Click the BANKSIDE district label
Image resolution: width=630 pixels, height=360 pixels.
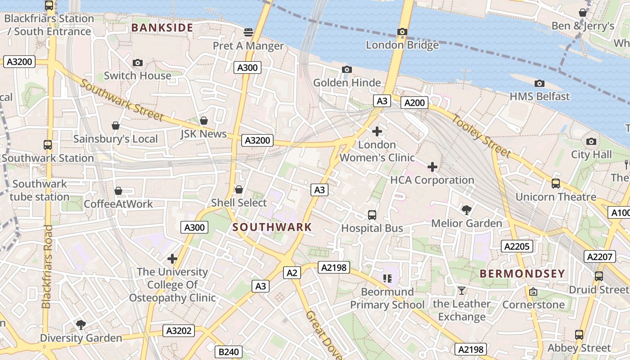(162, 28)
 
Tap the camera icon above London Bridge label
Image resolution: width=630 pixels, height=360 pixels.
(402, 32)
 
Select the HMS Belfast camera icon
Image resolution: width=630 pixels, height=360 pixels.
(539, 84)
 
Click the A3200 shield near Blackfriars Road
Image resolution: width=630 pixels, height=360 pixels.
(19, 62)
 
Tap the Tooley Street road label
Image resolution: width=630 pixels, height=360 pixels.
(481, 136)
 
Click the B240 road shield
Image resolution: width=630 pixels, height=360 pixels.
(229, 352)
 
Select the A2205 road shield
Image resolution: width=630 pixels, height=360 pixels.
(517, 246)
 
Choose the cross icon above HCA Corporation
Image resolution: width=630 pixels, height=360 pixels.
(432, 167)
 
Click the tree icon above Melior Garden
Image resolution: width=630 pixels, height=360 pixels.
(466, 210)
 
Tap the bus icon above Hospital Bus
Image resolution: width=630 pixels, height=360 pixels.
(372, 215)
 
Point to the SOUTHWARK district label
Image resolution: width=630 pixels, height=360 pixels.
(272, 227)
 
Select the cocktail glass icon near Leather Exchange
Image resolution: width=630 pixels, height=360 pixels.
(461, 290)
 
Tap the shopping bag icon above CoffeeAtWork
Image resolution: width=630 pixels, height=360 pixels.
(118, 191)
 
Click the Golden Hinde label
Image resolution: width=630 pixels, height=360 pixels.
(347, 83)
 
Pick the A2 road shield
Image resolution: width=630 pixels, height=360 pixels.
(292, 272)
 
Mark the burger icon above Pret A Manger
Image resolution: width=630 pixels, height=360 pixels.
(248, 32)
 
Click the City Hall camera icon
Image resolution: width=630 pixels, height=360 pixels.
(591, 142)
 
